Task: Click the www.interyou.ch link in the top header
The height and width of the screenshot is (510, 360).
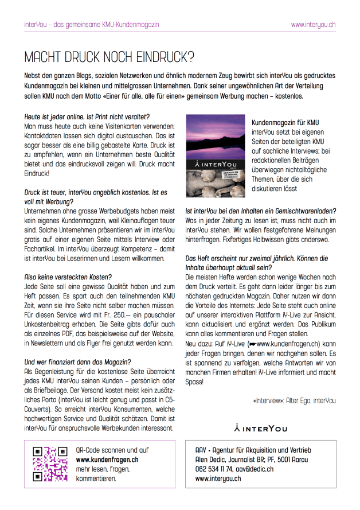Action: click(313, 25)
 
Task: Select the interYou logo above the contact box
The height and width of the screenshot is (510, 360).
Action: click(261, 427)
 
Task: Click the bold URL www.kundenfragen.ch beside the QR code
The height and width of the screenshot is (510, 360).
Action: click(107, 460)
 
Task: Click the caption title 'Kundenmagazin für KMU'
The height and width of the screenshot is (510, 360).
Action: click(285, 122)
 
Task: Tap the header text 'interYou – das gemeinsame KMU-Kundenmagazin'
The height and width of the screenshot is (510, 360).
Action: click(92, 25)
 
